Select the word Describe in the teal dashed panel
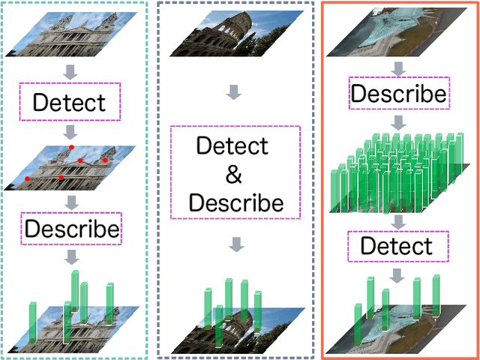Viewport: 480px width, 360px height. (x=71, y=228)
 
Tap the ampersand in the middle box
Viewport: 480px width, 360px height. (x=235, y=174)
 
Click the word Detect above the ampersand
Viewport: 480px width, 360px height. (x=232, y=145)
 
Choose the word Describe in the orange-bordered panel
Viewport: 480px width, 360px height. (x=399, y=94)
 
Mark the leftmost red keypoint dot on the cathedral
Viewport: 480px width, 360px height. (x=28, y=178)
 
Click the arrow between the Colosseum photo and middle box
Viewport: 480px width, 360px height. (x=235, y=92)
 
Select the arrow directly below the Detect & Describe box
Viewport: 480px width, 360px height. (x=235, y=244)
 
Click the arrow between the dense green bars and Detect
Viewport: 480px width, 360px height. (x=398, y=221)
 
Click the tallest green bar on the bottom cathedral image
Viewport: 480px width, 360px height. (x=75, y=296)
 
